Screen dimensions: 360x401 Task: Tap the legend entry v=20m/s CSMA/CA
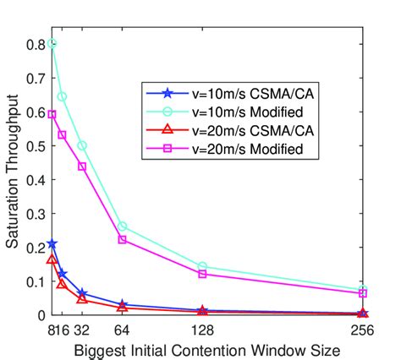(x=228, y=131)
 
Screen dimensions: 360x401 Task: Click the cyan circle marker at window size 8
(x=52, y=42)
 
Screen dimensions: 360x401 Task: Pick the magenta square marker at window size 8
(x=52, y=113)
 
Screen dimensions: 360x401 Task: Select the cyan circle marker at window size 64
(x=123, y=226)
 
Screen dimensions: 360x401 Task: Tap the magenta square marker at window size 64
(x=123, y=239)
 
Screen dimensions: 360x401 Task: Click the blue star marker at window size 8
(x=52, y=243)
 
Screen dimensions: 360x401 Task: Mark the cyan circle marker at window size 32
(x=82, y=145)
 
